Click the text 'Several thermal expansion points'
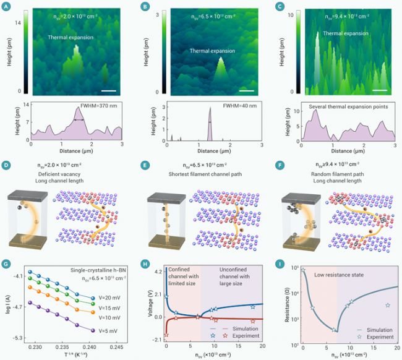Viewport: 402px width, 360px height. pos(347,106)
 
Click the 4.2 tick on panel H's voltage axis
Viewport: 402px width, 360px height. pos(157,272)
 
